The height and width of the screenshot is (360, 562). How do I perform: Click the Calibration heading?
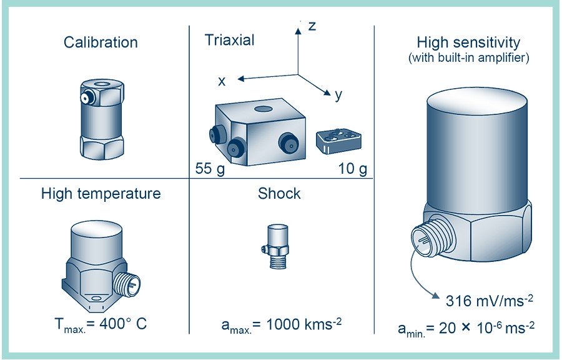[101, 42]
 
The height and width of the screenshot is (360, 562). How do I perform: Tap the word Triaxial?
[229, 40]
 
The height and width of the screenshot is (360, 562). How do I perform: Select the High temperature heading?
[101, 194]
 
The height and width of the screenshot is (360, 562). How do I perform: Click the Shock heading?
[279, 194]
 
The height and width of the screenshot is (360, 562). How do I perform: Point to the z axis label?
[312, 26]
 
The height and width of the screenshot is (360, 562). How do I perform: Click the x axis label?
[222, 81]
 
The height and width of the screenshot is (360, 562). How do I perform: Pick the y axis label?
[338, 95]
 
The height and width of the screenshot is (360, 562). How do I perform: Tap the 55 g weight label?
[210, 168]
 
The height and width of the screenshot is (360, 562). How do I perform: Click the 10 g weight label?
[353, 168]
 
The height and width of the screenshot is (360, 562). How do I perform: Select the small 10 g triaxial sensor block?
[338, 141]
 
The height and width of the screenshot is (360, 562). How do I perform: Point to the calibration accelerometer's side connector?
[87, 97]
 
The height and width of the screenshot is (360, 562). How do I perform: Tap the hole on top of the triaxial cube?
[264, 109]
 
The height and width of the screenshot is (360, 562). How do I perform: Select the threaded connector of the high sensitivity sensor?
[433, 236]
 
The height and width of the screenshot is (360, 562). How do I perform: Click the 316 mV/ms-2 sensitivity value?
[489, 301]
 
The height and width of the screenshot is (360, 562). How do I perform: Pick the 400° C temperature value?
[123, 324]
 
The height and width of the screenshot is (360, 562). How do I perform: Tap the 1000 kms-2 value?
[304, 324]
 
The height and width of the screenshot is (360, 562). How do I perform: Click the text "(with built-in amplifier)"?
[468, 57]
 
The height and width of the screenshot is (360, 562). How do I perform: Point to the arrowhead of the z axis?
[298, 31]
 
